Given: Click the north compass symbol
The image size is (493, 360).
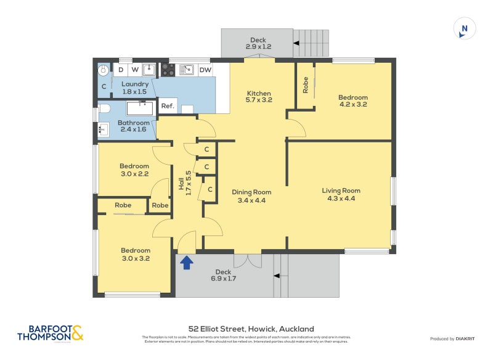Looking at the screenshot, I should [465, 29].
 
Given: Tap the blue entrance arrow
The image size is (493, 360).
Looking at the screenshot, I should [186, 263].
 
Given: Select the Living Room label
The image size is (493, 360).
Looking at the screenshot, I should [341, 194].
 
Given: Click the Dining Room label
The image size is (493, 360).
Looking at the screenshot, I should [251, 196].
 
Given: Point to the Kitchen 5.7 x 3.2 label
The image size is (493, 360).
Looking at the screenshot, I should [258, 96].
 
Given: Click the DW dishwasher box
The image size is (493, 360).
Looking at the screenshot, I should [205, 70].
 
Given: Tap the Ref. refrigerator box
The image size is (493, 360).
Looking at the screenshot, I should [168, 106].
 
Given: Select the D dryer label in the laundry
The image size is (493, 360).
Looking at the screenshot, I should [121, 70].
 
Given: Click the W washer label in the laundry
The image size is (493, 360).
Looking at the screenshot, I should [135, 70].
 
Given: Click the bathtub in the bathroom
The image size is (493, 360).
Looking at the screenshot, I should [139, 108].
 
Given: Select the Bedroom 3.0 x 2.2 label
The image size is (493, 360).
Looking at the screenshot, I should [134, 170].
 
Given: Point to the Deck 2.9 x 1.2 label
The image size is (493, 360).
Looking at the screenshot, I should [258, 43].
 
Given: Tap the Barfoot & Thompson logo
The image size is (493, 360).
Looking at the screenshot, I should [50, 333].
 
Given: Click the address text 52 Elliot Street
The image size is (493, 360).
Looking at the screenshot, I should [251, 329].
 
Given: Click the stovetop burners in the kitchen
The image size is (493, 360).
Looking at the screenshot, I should [168, 70].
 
